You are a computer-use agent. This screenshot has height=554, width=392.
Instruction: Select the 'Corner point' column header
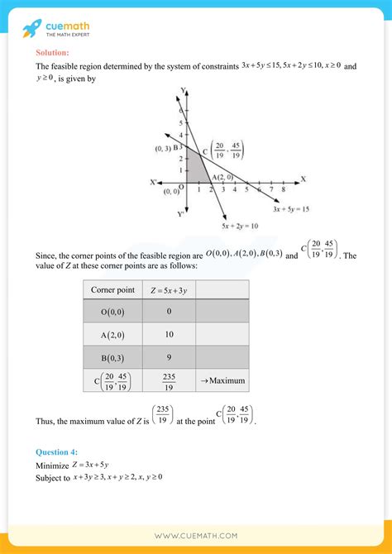click(112, 289)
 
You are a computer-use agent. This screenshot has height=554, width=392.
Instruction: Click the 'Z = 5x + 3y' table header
click(169, 289)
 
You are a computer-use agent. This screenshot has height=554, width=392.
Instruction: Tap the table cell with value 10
click(169, 333)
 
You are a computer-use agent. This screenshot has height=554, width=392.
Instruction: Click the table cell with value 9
click(169, 357)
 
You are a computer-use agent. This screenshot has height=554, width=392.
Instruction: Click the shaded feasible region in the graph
click(196, 170)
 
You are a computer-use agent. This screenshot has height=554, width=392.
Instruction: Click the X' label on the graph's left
click(155, 180)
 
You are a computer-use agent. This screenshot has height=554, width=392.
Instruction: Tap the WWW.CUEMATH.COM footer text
click(195, 536)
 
